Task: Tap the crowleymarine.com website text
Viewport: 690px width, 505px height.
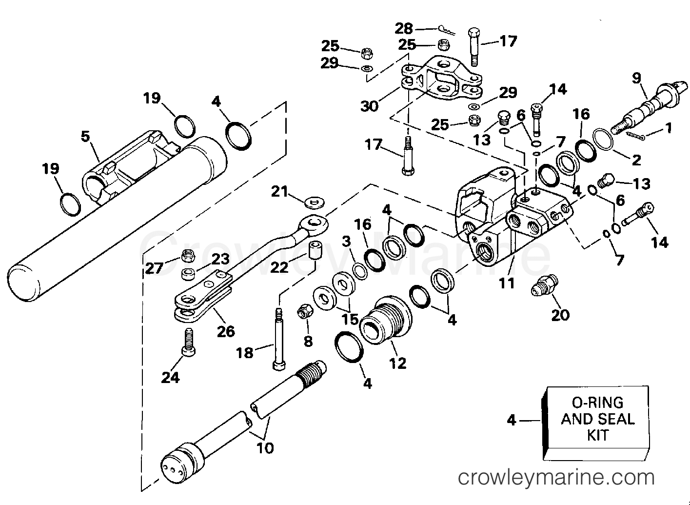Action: (556, 477)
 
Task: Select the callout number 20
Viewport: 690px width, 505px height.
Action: (560, 315)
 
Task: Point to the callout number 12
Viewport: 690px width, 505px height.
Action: (398, 363)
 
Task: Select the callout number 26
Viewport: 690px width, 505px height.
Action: (226, 331)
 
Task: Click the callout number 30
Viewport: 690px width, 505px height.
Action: (370, 105)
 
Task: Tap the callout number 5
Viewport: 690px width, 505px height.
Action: (86, 136)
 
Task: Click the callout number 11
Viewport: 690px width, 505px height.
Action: (507, 283)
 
